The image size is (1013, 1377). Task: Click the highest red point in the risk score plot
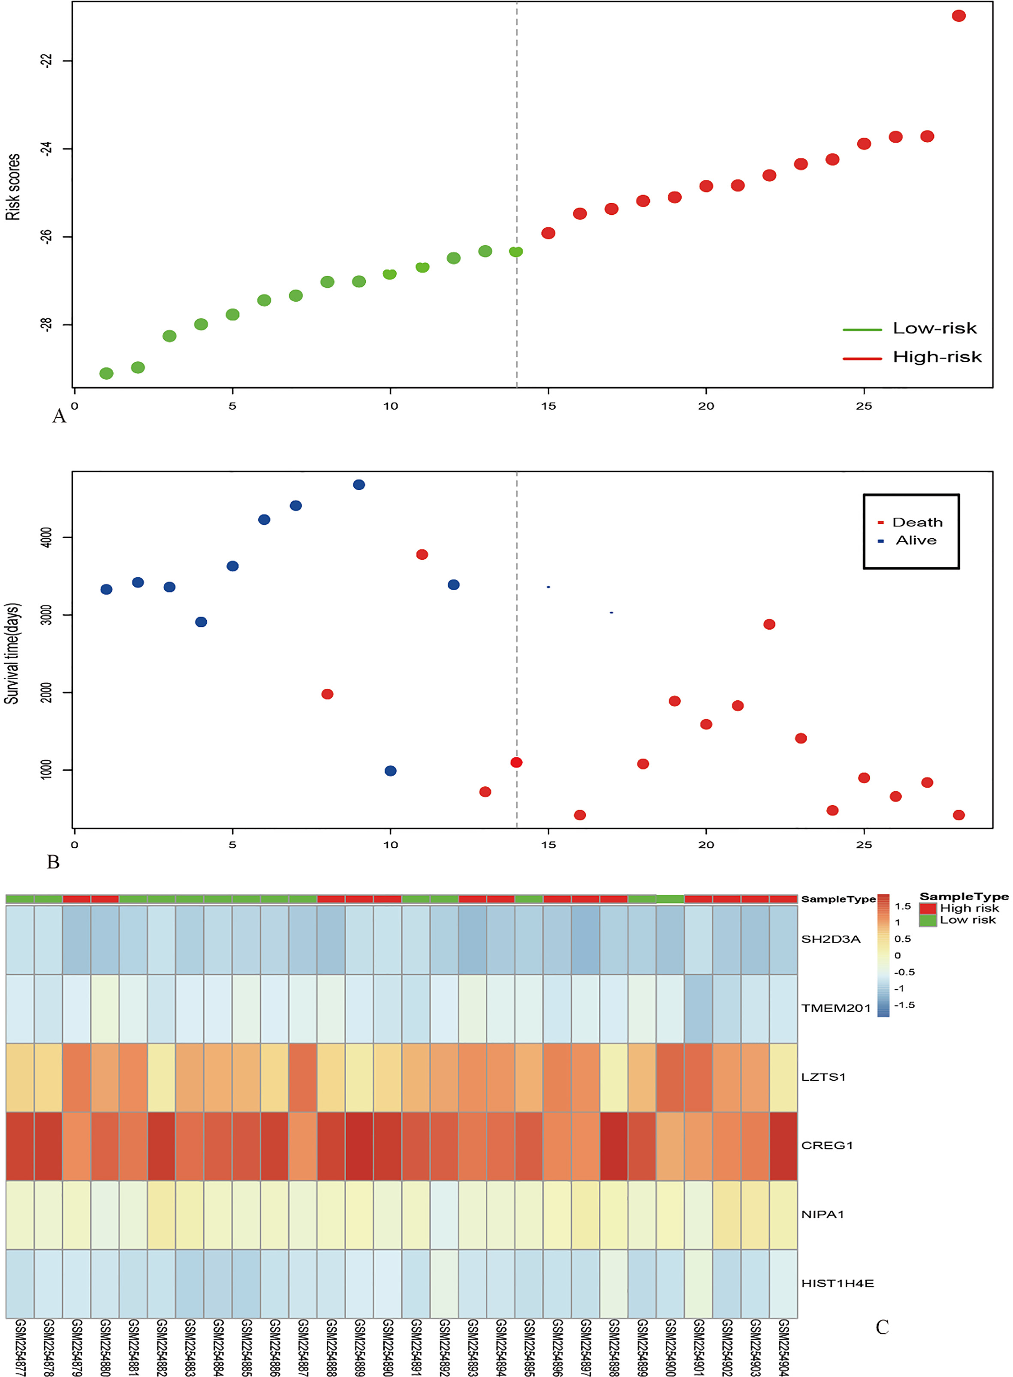tap(959, 16)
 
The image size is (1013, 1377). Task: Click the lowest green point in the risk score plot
tap(106, 373)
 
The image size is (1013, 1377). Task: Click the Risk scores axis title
tap(13, 187)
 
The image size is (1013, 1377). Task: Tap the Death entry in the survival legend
tap(910, 522)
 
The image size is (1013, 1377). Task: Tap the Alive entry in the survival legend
tap(907, 540)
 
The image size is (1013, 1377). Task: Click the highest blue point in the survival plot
tap(359, 485)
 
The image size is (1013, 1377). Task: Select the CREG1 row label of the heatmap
tap(826, 1145)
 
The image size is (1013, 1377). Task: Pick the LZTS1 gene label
tap(823, 1077)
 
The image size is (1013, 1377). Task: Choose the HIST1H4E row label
tap(838, 1283)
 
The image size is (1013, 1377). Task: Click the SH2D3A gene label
tap(831, 939)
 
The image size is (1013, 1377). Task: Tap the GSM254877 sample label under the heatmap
tap(20, 1347)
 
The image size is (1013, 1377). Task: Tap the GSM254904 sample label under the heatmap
tap(783, 1347)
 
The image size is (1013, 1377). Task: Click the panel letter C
tap(882, 1327)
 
